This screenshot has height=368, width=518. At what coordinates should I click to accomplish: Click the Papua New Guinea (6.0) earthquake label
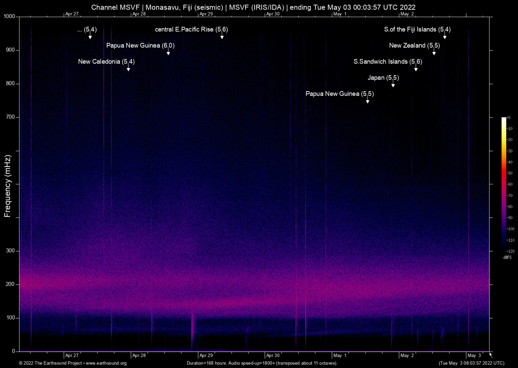point(140,46)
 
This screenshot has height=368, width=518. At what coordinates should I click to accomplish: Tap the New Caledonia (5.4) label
point(106,62)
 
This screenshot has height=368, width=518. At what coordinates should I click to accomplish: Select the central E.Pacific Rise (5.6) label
point(191,29)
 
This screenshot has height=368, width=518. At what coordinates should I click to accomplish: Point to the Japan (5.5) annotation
point(383,78)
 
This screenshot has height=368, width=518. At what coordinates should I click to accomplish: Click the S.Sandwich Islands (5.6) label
point(388,62)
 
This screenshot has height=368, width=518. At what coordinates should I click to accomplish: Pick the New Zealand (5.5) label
point(414,46)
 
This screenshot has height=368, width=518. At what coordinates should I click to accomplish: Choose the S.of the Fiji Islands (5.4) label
point(417,29)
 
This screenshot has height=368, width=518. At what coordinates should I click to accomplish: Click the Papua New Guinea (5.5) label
point(340,94)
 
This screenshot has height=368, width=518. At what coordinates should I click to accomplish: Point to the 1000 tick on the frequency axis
point(9,16)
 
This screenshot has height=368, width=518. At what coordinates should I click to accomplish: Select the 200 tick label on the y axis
point(11,284)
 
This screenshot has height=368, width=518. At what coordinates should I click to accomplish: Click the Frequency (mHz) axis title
point(8,186)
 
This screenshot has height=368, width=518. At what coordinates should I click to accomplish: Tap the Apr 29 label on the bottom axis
point(206,356)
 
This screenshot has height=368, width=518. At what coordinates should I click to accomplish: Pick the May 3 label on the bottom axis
point(474,356)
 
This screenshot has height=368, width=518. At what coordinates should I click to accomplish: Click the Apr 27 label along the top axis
point(72,14)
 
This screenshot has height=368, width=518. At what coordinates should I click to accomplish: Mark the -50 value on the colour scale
point(510,173)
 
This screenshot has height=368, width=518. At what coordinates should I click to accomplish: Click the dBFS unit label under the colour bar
point(507,257)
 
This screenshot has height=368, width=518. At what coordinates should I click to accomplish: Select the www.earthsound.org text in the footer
point(106,363)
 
